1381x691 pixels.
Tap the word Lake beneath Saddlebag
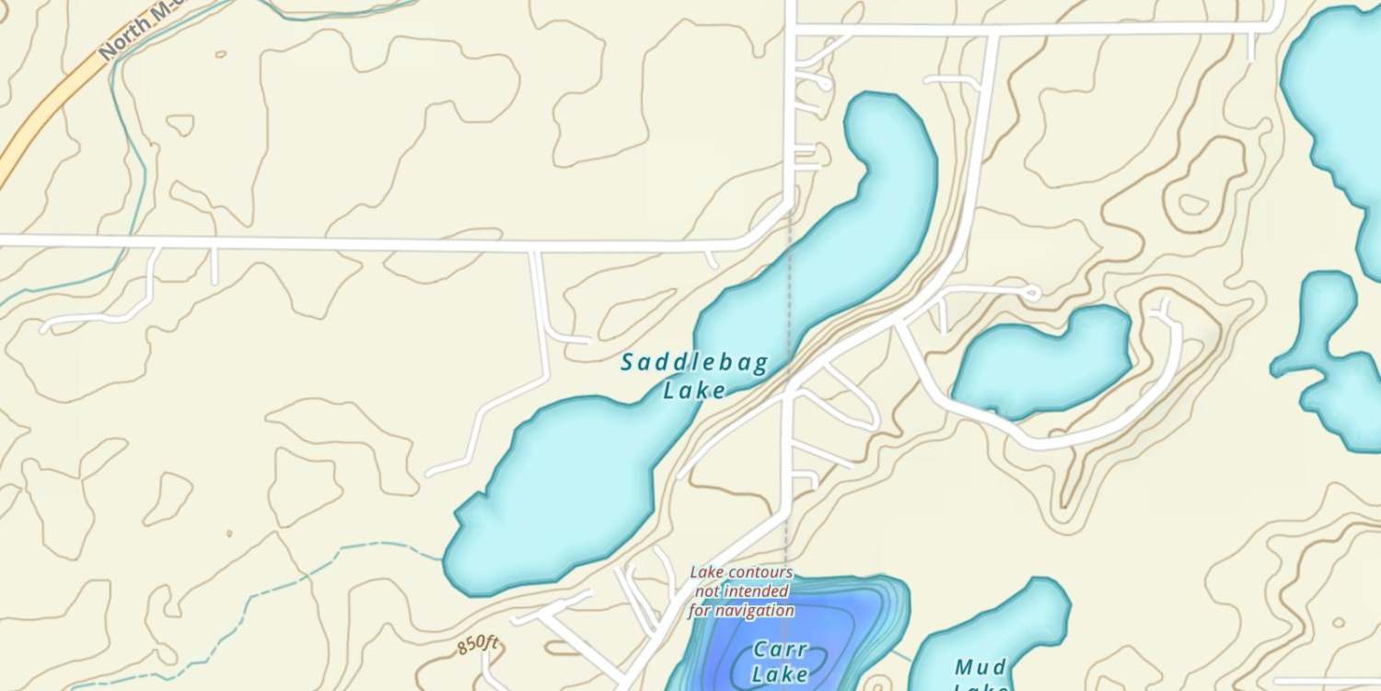[x=694, y=391]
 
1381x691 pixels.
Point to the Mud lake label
[x=981, y=667]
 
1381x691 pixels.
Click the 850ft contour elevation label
[x=478, y=645]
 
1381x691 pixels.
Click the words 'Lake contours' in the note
[x=741, y=573]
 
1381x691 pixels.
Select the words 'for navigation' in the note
[x=741, y=610]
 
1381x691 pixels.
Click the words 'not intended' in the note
[x=741, y=591]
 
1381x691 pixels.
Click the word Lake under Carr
[x=780, y=674]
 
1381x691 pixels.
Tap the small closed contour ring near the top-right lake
[x=1194, y=205]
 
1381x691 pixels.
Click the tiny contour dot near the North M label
[x=220, y=54]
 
